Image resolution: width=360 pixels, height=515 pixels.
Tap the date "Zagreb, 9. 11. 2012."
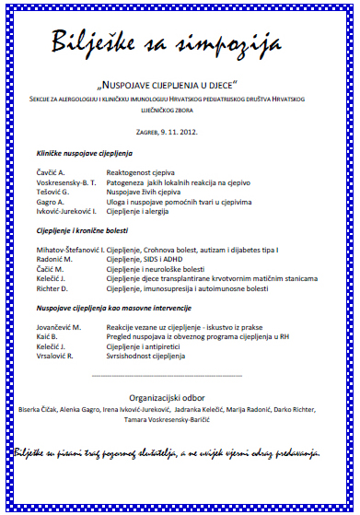tap(180, 131)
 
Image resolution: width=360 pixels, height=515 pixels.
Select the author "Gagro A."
tap(52, 201)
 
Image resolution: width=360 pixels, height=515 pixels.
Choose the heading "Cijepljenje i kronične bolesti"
tap(83, 230)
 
